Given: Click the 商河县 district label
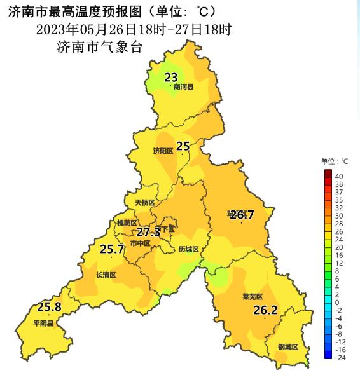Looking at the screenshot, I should (x=183, y=88).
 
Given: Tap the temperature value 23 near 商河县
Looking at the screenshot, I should (x=170, y=78).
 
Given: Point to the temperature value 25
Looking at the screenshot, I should (x=183, y=146).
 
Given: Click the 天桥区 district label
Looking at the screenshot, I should (x=144, y=203).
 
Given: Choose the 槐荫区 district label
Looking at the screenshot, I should (x=127, y=223).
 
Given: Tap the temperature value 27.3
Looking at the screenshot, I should (x=148, y=232).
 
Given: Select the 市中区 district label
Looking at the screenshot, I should (x=140, y=243).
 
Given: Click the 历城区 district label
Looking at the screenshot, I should (x=189, y=249).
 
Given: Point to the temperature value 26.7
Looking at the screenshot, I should (x=242, y=215).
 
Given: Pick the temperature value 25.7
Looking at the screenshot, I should (x=112, y=249).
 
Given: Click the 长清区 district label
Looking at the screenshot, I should (x=106, y=275).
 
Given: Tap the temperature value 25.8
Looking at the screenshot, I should (x=49, y=307).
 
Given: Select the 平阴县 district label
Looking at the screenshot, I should (x=44, y=323).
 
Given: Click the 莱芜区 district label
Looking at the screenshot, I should (x=253, y=297).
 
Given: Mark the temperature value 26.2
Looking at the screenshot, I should (x=265, y=310).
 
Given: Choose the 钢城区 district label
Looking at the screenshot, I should (x=288, y=347).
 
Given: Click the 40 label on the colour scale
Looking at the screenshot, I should (x=339, y=176).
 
